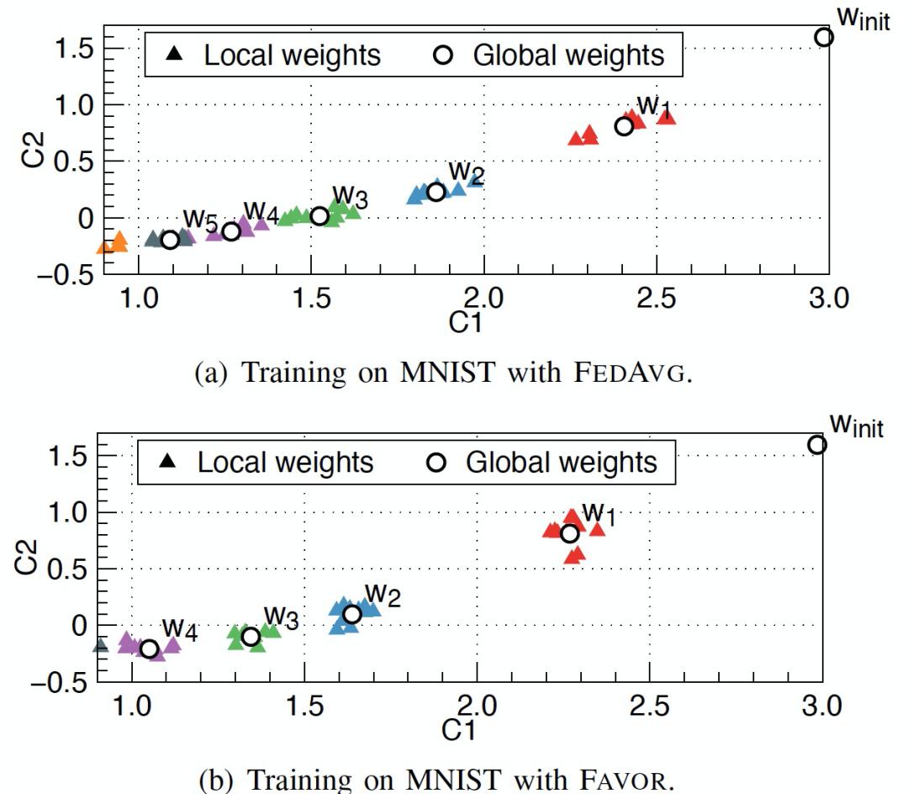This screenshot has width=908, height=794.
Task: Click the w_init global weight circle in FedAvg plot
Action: click(824, 36)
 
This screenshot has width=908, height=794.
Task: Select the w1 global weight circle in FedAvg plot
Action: click(624, 126)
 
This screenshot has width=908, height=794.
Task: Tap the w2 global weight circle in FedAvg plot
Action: click(436, 192)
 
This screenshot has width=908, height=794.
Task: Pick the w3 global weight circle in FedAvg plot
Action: click(319, 216)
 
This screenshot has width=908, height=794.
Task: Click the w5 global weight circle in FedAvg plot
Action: click(170, 240)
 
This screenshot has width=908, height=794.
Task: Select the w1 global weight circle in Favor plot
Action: click(569, 533)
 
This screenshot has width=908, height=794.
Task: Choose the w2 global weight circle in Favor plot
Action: click(352, 614)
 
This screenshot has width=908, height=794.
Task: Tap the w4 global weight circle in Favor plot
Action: click(150, 648)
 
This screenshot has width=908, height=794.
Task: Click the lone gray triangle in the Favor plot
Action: click(101, 646)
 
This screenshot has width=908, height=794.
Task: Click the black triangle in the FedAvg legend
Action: click(174, 55)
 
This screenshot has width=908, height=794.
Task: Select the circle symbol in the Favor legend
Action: click(436, 463)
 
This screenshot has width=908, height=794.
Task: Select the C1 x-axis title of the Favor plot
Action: click(458, 731)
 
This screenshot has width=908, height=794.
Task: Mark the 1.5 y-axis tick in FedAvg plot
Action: click(75, 48)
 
